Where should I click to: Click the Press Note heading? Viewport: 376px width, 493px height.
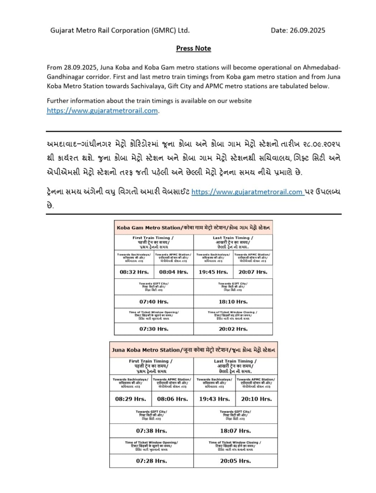193,48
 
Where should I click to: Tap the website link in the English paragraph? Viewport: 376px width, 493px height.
102,111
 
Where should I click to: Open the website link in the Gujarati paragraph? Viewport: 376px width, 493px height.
247,192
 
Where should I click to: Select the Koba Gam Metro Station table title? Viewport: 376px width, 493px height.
193,228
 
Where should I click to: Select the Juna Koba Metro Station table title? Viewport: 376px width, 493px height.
193,350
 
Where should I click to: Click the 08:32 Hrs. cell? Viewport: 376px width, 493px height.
134,272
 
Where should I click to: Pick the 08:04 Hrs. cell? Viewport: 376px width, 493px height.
173,272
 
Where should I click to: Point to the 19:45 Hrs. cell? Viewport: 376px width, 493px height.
213,272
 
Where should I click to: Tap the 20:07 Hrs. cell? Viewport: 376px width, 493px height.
253,272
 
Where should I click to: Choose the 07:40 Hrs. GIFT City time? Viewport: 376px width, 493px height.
154,302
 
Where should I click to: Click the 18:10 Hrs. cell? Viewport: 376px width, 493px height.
233,302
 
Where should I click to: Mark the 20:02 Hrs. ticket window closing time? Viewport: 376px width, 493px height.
233,329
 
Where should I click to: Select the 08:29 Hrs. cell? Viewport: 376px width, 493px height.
131,399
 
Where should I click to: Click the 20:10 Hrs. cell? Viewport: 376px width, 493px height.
256,399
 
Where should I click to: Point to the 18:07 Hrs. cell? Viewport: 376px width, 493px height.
235,431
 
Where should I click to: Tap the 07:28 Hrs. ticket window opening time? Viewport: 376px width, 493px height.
151,461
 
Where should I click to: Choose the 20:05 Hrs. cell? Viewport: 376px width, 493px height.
235,461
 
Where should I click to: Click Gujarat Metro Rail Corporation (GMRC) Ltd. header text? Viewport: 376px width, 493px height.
120,30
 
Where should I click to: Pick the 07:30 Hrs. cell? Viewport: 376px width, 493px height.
154,329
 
